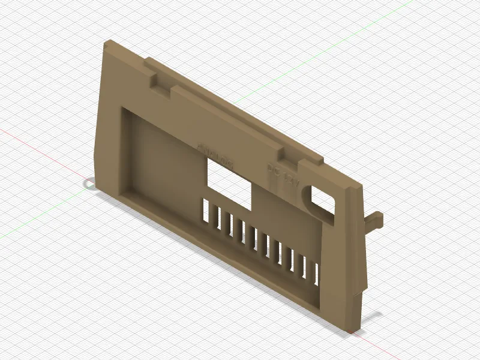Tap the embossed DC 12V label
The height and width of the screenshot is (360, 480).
click(x=282, y=175)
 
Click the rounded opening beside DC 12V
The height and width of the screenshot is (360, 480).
click(x=322, y=200)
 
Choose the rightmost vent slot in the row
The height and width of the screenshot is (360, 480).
click(x=317, y=272)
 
